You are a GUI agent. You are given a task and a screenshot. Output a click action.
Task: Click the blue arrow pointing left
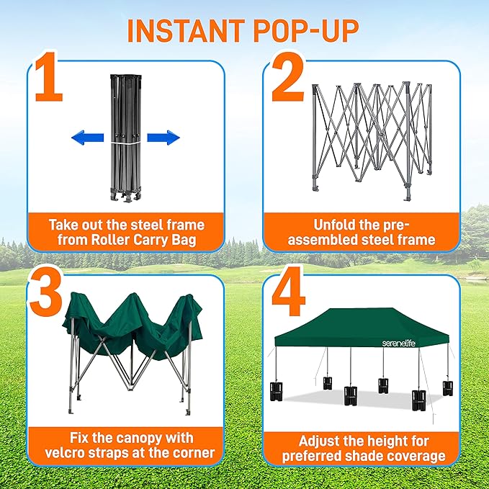pos(86,138)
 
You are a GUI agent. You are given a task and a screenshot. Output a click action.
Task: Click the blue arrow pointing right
pos(163,138)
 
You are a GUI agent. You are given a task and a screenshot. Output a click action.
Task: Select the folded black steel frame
pos(124,137)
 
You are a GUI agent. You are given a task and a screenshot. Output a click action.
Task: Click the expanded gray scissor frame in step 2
pos(372,133)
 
